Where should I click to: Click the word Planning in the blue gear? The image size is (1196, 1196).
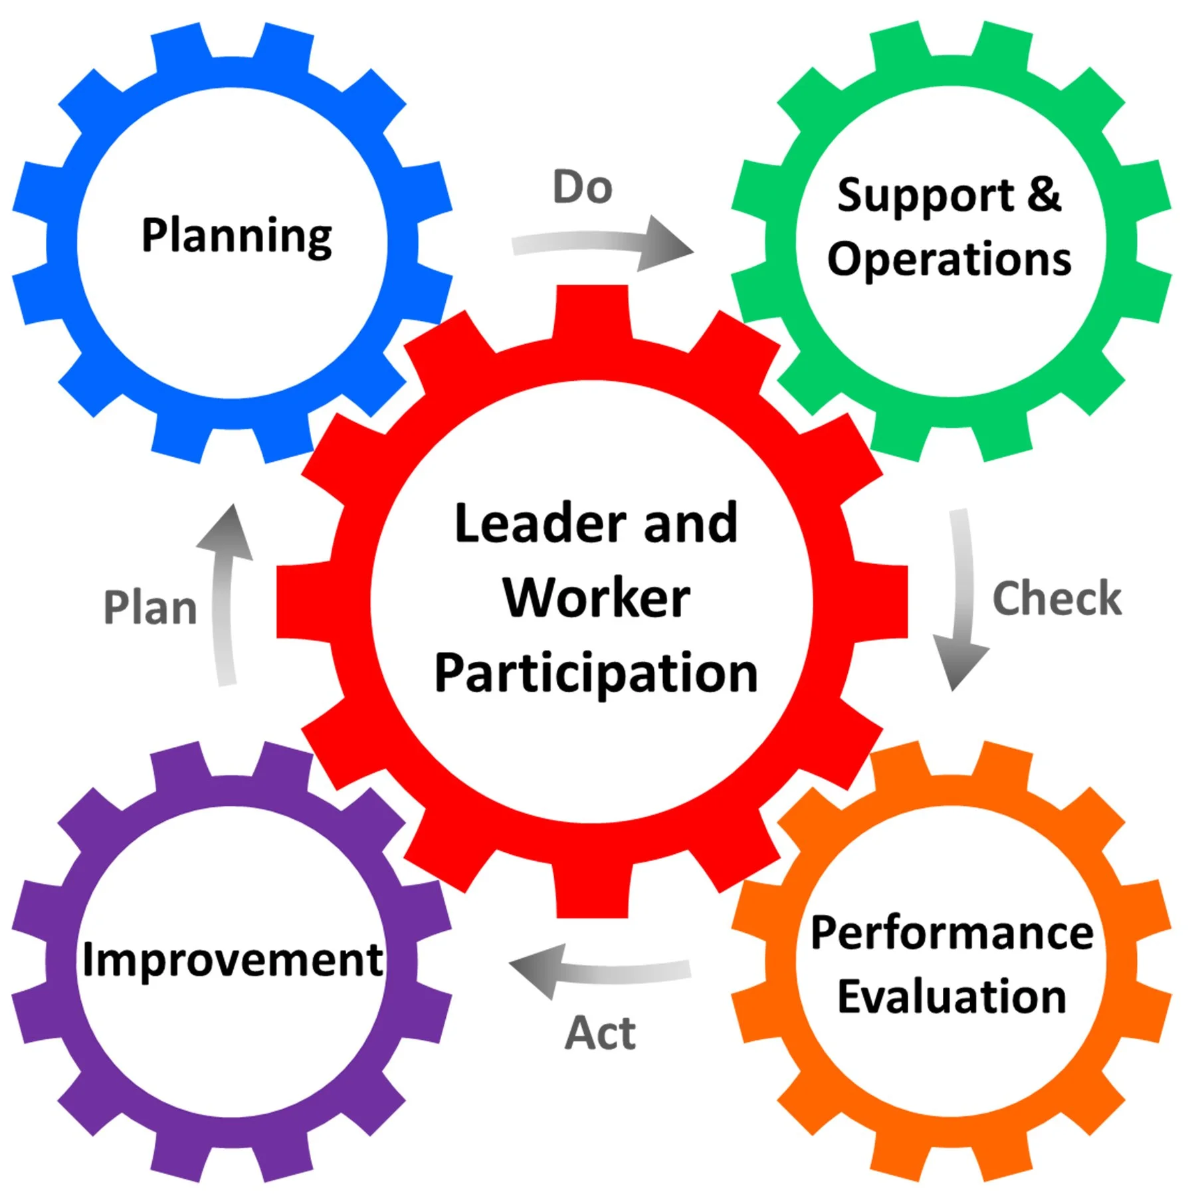coord(237,236)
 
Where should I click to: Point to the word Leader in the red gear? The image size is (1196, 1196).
coord(540,524)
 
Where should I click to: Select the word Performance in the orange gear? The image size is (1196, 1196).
coord(951,933)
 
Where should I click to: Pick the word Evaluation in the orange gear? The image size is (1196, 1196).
coord(951,997)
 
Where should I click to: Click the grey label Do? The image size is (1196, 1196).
coord(582,187)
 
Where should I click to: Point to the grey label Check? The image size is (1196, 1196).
coord(1056,598)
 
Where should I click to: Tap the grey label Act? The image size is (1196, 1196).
coord(600,1033)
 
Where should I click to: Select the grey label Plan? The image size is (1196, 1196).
coord(151,607)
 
